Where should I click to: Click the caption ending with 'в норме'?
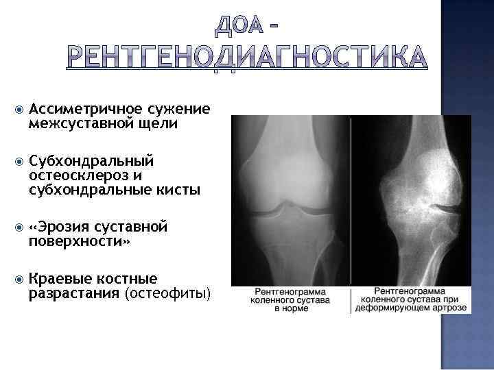pyautogui.click(x=292, y=300)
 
